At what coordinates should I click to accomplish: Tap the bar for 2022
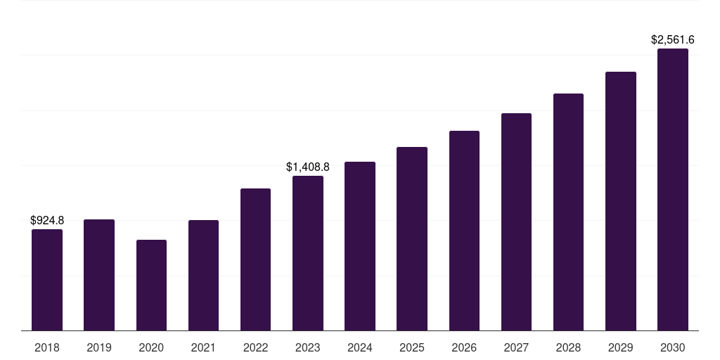[255, 259]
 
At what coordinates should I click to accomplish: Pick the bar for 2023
[308, 253]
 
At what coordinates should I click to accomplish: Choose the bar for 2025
[412, 238]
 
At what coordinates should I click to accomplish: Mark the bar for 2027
[516, 221]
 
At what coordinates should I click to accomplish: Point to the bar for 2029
[621, 201]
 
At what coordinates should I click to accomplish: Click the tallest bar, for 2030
[673, 189]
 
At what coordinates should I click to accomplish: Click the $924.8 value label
[47, 221]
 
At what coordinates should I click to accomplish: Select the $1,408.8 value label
[308, 167]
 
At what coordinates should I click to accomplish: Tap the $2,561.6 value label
[673, 40]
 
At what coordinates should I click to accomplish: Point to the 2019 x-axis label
[99, 347]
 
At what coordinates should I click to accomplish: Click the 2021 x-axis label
[203, 347]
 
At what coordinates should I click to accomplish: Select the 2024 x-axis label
[360, 347]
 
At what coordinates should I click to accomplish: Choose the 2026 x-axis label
[464, 347]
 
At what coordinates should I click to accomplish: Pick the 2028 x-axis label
[568, 347]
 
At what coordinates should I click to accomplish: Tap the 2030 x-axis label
[673, 347]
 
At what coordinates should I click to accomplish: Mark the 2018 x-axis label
[47, 347]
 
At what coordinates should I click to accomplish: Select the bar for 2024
[360, 246]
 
